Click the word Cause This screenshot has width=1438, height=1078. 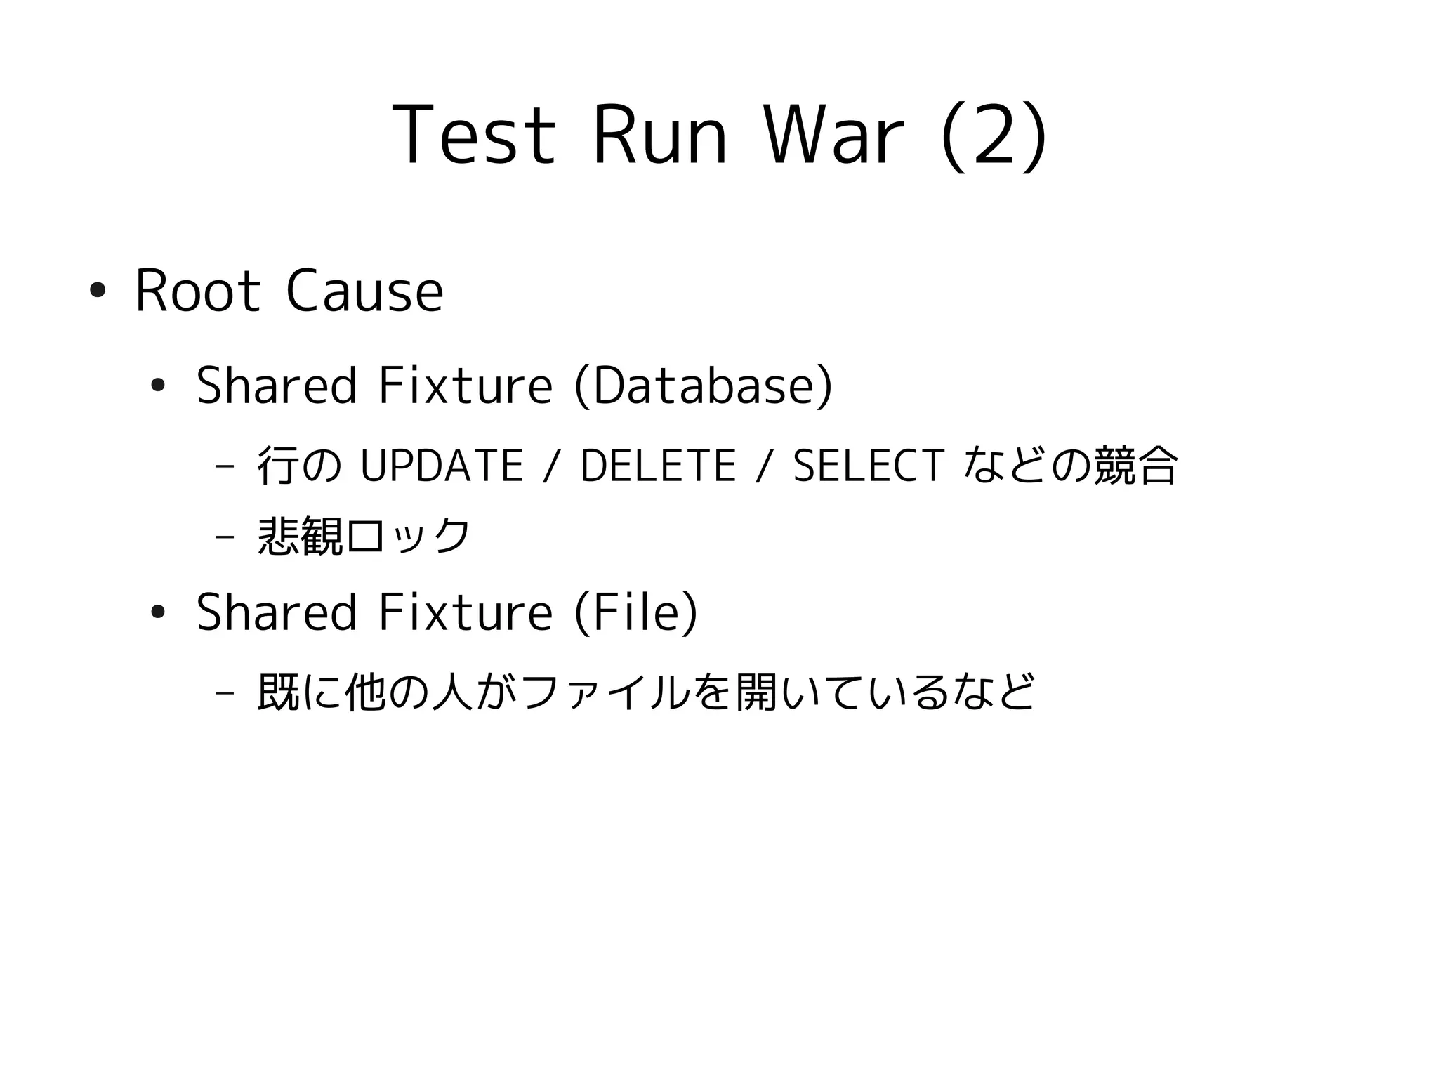click(x=364, y=291)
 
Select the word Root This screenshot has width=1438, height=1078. click(x=197, y=291)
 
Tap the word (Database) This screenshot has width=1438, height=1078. click(x=703, y=386)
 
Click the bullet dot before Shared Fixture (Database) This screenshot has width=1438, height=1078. click(x=157, y=385)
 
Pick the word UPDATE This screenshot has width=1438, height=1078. click(x=441, y=466)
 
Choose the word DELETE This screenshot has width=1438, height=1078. click(x=658, y=466)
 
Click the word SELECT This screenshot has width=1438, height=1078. click(x=869, y=466)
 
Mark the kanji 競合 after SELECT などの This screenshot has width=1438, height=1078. click(x=1135, y=466)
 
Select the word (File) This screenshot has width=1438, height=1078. click(x=636, y=612)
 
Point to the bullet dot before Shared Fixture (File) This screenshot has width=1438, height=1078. click(x=157, y=612)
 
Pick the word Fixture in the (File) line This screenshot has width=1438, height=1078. click(x=465, y=612)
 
